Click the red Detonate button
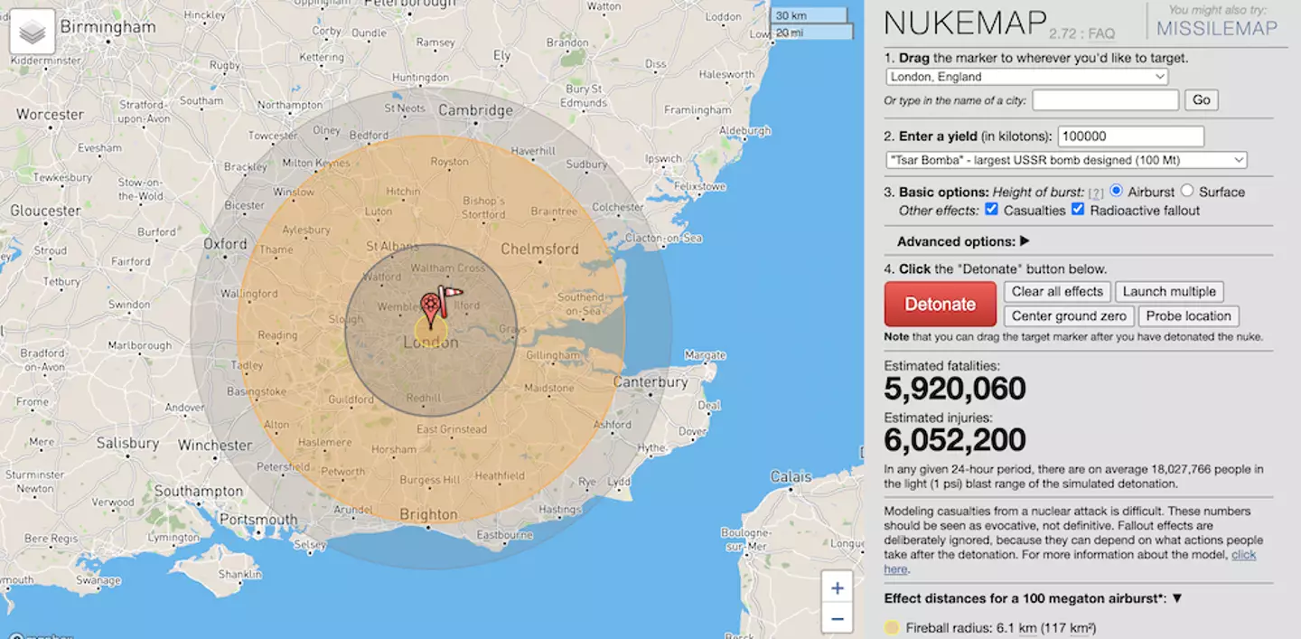(x=940, y=304)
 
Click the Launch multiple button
(x=1169, y=292)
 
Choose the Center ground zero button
(x=1068, y=316)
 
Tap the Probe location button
(x=1188, y=316)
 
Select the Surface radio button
(x=1187, y=191)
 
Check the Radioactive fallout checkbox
(x=1078, y=210)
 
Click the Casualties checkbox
(x=992, y=210)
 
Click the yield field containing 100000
(x=1130, y=136)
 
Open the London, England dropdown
(x=1027, y=77)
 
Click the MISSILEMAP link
(x=1217, y=28)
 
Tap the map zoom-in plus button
(x=837, y=588)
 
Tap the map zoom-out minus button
(x=837, y=619)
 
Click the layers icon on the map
(x=32, y=33)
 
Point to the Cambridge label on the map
(x=475, y=110)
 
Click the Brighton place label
(x=428, y=514)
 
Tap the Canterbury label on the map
(x=650, y=382)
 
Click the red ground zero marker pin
(x=431, y=307)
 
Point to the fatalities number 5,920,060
(x=955, y=389)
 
